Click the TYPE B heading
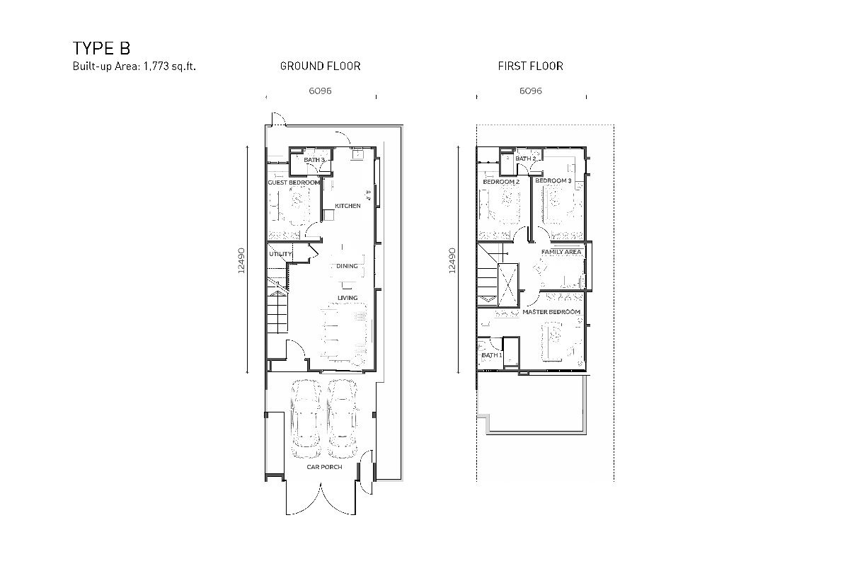click(x=101, y=49)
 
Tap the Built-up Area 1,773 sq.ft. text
click(x=134, y=67)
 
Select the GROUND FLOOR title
click(x=321, y=66)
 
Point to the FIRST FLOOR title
click(x=531, y=66)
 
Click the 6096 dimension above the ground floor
click(x=320, y=91)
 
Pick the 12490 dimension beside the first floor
click(x=452, y=260)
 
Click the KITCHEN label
click(x=348, y=206)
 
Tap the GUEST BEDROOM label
click(x=294, y=183)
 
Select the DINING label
click(x=347, y=266)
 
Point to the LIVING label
click(x=348, y=298)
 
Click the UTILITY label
click(x=280, y=254)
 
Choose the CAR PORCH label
click(x=324, y=467)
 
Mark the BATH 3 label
click(x=314, y=160)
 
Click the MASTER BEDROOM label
click(x=551, y=312)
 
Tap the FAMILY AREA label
click(x=561, y=252)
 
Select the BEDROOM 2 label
click(x=501, y=182)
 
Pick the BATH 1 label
click(x=492, y=355)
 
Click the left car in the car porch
click(x=306, y=418)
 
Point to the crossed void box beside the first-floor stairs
click(x=507, y=285)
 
